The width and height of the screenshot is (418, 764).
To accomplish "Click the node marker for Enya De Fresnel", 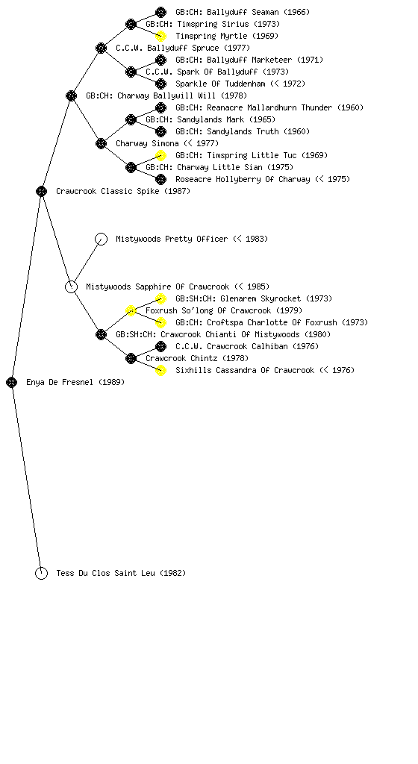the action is pos(12,383).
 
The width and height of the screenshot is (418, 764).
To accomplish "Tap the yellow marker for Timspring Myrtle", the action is pos(160,36).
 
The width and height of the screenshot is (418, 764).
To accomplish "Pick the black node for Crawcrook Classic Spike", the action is pos(41,192).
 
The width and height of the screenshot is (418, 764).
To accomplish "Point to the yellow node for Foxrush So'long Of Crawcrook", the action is pos(131,311).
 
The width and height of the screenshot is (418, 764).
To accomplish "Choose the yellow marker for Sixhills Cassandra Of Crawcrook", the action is pos(160,370).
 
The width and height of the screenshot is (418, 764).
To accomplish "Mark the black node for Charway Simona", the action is pos(101,144).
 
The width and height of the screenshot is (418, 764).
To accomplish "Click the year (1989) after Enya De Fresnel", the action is pos(111,383).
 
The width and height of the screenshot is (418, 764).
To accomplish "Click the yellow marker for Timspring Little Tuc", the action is pos(160,155).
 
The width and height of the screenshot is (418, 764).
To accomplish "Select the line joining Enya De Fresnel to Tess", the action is pos(26,478).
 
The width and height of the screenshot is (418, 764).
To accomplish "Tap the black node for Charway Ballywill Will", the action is pos(71,96).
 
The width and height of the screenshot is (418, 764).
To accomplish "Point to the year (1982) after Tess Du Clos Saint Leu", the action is pos(173,574).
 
